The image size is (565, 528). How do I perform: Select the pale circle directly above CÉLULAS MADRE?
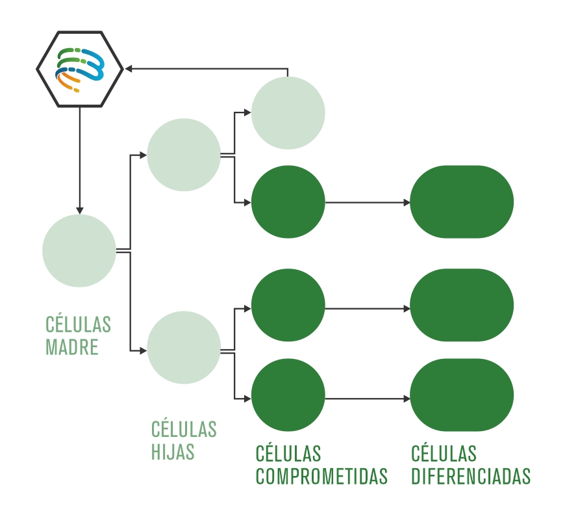click(79, 250)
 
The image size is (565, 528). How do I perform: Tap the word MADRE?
click(72, 347)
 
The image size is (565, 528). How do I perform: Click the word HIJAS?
click(173, 451)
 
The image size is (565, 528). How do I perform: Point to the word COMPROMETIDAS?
click(321, 476)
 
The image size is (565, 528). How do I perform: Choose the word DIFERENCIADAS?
click(471, 476)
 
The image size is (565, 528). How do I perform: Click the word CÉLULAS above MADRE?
click(78, 324)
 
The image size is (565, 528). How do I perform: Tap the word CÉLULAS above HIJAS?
click(184, 429)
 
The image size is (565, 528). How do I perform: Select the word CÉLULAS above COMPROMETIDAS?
click(288, 453)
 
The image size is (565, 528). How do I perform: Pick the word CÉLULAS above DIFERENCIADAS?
click(444, 453)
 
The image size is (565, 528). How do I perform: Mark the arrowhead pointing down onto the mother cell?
click(79, 210)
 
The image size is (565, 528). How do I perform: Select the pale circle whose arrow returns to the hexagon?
click(288, 113)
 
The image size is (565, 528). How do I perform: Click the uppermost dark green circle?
click(288, 202)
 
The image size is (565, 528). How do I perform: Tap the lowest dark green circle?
click(288, 398)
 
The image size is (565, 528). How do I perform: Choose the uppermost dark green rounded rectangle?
click(462, 202)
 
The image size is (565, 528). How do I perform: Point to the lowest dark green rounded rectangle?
click(462, 395)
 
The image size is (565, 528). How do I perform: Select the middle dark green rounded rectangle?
click(462, 305)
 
